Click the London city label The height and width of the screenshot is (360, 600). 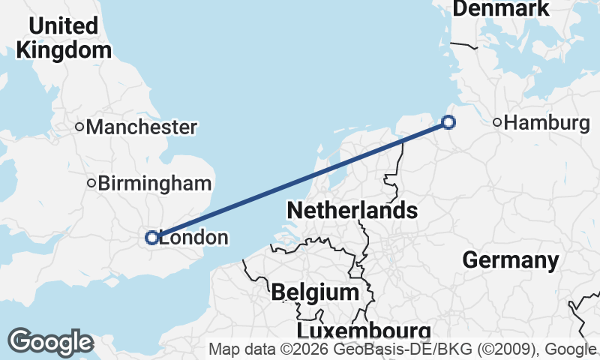point(193,238)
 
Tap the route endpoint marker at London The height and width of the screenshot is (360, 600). point(151,238)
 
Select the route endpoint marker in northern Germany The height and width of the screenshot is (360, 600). point(448,122)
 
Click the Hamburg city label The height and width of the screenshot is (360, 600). point(547,123)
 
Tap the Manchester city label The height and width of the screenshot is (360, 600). point(142,127)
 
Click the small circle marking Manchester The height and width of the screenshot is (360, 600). point(79,127)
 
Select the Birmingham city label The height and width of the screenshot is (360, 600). point(156,183)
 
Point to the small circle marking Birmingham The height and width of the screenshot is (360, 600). point(91,183)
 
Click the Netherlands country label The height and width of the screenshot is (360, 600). point(352,210)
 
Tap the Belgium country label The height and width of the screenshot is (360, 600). point(315,292)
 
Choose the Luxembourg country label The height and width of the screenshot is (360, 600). point(364,331)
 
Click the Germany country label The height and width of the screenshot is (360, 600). point(511,260)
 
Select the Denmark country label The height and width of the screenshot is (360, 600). point(502,9)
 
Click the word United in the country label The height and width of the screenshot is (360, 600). point(63,25)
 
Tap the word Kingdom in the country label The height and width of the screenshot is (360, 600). point(64,50)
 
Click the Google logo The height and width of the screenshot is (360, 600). point(50,342)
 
